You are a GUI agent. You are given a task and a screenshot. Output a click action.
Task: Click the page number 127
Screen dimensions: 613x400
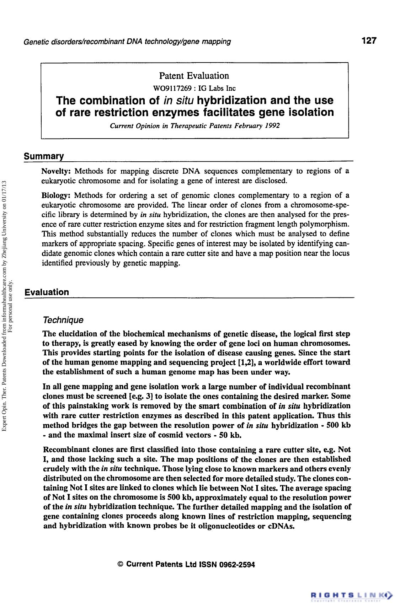pyautogui.click(x=369, y=41)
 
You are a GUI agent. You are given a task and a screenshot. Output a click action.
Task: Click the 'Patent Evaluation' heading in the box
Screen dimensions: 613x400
pyautogui.click(x=194, y=76)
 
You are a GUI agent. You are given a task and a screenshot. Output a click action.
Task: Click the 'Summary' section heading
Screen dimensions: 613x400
pyautogui.click(x=44, y=156)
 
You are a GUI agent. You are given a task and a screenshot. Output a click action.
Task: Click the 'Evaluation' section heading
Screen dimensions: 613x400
pyautogui.click(x=47, y=292)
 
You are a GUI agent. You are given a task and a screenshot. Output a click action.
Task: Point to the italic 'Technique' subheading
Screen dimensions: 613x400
pyautogui.click(x=63, y=320)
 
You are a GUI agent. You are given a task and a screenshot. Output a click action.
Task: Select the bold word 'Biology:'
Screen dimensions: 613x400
pyautogui.click(x=57, y=195)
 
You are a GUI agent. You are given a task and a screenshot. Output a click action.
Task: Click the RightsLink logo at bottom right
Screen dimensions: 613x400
pyautogui.click(x=351, y=595)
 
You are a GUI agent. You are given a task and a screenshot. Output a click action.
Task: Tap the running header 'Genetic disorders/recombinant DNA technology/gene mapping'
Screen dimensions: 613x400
pyautogui.click(x=127, y=42)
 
